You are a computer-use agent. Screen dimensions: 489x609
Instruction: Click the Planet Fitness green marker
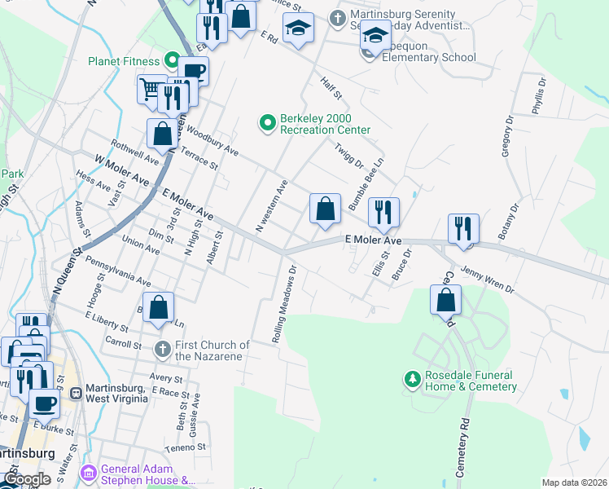click(171, 60)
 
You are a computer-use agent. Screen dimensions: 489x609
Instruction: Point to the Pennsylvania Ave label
click(117, 274)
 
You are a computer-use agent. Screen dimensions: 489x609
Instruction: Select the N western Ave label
click(272, 206)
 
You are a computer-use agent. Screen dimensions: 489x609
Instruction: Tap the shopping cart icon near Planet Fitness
click(150, 88)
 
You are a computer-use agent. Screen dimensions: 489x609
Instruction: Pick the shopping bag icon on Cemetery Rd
click(446, 300)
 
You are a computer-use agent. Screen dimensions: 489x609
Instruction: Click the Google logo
click(28, 480)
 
